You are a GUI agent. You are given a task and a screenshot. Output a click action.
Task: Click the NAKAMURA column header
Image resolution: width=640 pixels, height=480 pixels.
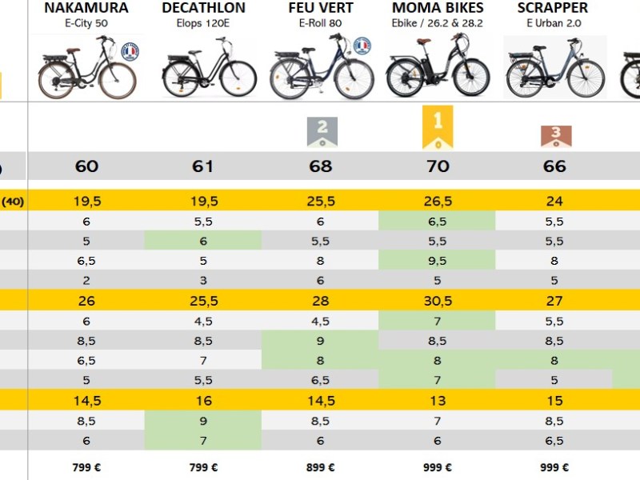[86, 8]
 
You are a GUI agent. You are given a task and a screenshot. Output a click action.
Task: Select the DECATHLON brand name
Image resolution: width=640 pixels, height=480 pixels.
[203, 8]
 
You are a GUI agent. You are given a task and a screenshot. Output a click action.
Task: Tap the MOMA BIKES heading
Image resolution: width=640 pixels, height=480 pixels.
[438, 8]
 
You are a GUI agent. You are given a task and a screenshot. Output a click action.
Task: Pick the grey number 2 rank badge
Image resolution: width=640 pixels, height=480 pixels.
[322, 131]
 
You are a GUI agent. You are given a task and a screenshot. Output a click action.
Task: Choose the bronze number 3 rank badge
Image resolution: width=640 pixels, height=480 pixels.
[554, 136]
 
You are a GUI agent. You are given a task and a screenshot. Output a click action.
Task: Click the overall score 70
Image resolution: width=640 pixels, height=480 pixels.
[438, 166]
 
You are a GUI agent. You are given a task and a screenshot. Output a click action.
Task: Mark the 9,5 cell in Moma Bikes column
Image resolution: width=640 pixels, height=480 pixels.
[438, 260]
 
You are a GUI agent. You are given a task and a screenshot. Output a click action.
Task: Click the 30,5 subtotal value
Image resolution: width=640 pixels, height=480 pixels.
[438, 301]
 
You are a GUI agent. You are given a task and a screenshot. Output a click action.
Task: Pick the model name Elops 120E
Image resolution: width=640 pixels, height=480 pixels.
[203, 24]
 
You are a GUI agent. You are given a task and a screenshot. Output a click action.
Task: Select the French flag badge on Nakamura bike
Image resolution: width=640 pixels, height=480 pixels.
[130, 52]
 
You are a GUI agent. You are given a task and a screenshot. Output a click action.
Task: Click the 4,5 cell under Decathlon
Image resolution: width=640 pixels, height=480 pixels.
[203, 321]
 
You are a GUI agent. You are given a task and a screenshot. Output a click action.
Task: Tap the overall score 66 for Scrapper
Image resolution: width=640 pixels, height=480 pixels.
[554, 166]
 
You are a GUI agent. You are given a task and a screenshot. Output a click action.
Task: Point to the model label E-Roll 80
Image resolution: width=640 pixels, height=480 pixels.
[320, 24]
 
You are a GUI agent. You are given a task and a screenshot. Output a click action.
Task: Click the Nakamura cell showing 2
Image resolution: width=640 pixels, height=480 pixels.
[86, 280]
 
